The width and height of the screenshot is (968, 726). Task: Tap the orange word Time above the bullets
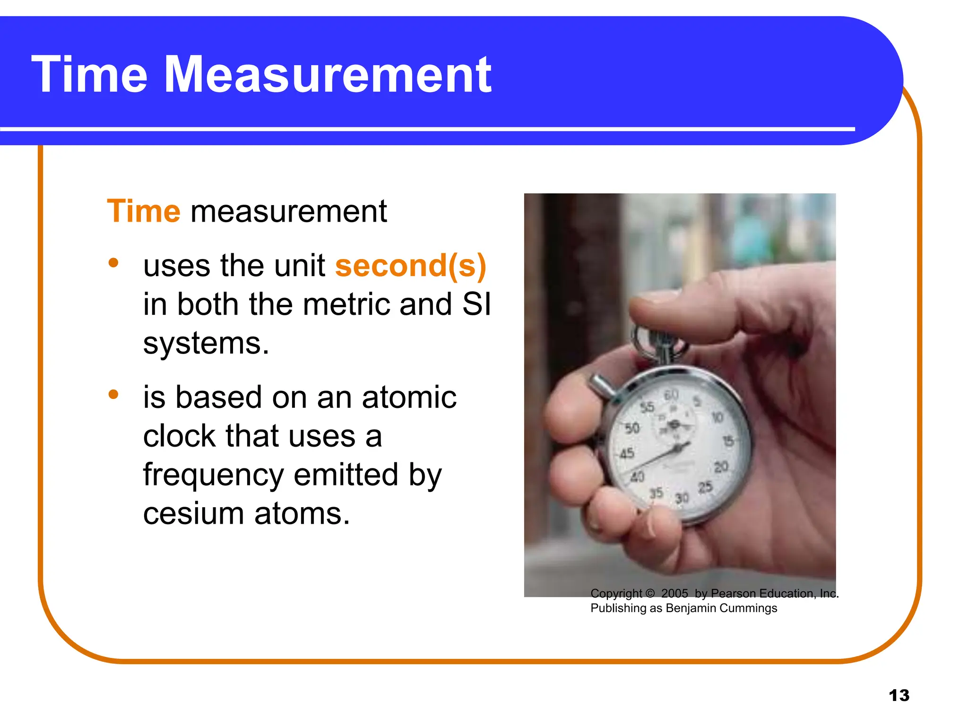click(x=144, y=211)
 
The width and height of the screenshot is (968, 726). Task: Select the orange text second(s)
click(x=410, y=266)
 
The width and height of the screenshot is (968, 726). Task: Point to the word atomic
click(x=409, y=397)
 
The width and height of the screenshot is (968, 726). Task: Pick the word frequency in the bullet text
click(x=213, y=475)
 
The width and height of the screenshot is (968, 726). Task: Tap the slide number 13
click(x=899, y=695)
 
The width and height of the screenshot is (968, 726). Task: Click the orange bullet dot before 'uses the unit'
click(x=113, y=263)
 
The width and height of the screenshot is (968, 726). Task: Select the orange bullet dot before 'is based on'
click(x=113, y=394)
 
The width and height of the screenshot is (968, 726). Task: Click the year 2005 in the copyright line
click(x=674, y=593)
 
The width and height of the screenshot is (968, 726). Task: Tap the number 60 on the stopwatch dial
click(x=671, y=394)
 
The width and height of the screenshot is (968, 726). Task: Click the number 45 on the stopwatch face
click(x=627, y=454)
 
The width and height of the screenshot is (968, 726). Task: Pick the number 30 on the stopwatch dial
click(x=682, y=498)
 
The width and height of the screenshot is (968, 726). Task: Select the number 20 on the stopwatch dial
click(x=721, y=467)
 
